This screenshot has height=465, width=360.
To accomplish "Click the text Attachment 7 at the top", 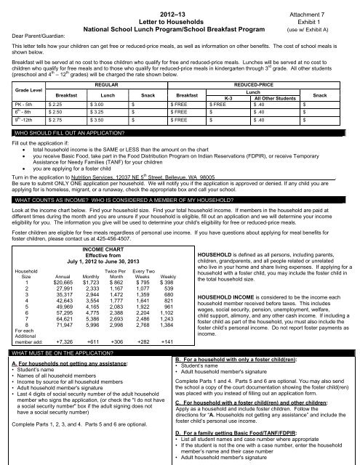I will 324,7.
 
